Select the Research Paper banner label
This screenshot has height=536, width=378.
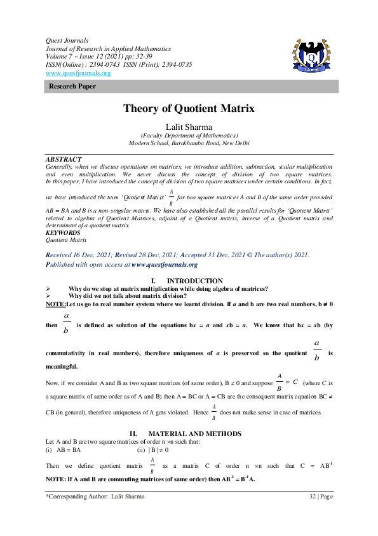tap(72, 87)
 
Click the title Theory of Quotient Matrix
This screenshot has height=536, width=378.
tap(189, 109)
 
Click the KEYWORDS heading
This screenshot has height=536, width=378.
tap(63, 233)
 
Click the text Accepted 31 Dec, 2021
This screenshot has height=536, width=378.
tap(215, 255)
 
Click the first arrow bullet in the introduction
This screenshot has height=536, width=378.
tap(48, 289)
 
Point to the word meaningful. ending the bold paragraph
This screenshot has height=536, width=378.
tap(62, 367)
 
